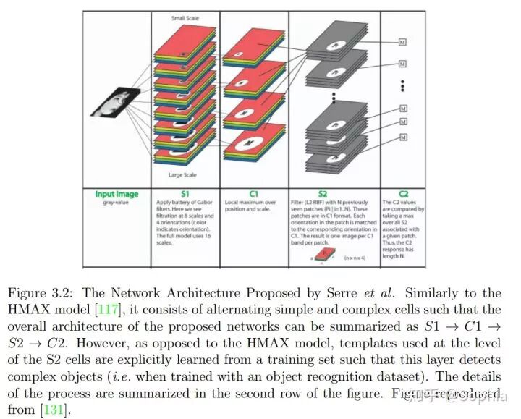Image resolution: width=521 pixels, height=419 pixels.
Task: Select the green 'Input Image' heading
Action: point(116,194)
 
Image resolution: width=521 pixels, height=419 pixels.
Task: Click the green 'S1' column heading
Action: point(185,194)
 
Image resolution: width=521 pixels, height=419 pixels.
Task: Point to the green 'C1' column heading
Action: point(253,194)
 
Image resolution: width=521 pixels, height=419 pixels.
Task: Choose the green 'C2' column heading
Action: point(403,194)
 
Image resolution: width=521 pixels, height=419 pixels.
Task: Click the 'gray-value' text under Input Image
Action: point(116,202)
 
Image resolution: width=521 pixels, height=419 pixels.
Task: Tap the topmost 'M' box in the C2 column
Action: point(403,43)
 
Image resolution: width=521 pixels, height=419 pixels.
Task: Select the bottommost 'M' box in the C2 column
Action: point(403,137)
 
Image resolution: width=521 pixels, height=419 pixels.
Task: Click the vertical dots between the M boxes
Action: point(403,85)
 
